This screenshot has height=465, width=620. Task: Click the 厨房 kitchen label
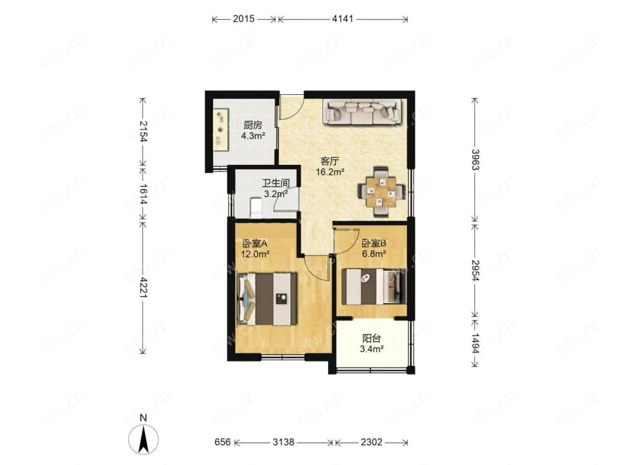[253, 125]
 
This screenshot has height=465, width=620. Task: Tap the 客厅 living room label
[330, 161]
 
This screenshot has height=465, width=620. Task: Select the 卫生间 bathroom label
[276, 184]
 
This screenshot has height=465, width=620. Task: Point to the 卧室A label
[255, 243]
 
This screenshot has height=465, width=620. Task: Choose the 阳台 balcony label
[371, 339]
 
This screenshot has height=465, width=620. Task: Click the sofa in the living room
[363, 112]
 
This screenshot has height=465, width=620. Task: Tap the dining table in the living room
[381, 192]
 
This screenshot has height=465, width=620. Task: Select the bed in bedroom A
[267, 299]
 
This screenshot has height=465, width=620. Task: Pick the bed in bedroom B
[374, 286]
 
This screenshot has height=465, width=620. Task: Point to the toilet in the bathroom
[255, 208]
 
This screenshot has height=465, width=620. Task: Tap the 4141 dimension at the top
[342, 19]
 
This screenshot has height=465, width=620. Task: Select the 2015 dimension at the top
[244, 19]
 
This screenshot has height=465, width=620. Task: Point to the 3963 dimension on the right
[475, 160]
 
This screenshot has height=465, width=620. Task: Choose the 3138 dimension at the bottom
[283, 441]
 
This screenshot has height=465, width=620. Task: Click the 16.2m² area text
[330, 172]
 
